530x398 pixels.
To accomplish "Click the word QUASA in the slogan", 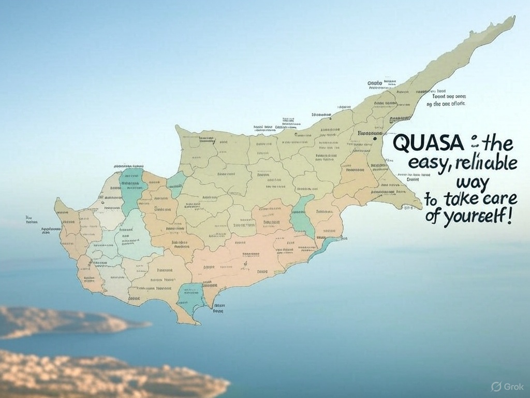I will [x=419, y=144].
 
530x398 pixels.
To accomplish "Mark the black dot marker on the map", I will [x=374, y=138].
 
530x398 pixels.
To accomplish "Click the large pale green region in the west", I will [x=137, y=236].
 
